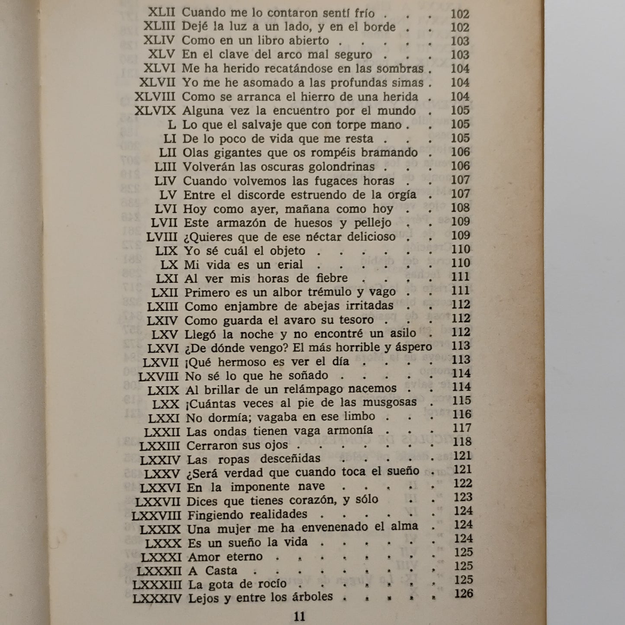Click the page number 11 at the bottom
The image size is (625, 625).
point(299,616)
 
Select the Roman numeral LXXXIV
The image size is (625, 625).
point(157,599)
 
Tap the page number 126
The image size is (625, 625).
point(464,593)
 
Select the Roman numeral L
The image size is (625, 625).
point(172,125)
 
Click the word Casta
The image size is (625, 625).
point(221,571)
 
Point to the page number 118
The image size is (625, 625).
point(462,442)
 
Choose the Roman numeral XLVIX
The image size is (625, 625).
point(155,111)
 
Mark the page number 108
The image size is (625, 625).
point(460,208)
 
